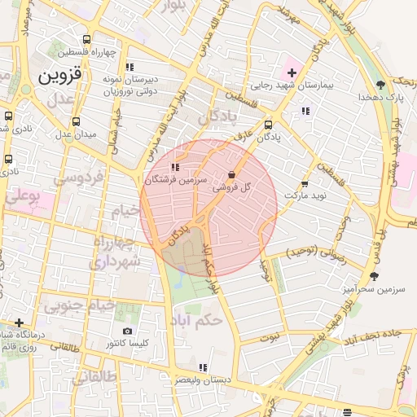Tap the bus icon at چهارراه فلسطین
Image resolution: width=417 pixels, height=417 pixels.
coord(87,39)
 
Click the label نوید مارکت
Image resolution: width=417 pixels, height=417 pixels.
coord(305,197)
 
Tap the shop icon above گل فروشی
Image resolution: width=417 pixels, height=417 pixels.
coord(233,173)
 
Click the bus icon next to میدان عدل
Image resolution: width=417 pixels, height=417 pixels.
coord(76,121)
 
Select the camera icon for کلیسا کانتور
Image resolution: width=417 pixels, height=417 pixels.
coord(127,331)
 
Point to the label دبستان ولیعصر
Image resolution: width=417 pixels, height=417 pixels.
coord(204,380)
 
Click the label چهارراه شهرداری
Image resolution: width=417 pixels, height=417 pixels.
coord(116,252)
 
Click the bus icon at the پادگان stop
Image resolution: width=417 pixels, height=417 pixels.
coord(269,125)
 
